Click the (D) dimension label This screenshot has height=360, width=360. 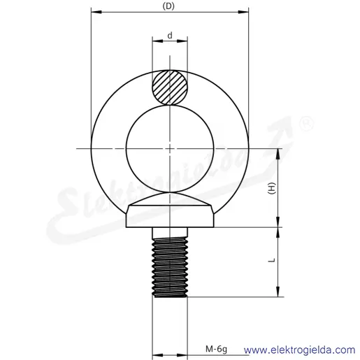(168, 6)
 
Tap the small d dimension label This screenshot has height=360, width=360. (170, 36)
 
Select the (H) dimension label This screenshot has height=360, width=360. (272, 188)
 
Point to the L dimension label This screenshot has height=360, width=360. (272, 260)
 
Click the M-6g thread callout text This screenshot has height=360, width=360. (216, 349)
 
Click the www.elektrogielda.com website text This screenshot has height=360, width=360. (299, 350)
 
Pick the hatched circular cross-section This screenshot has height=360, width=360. (170, 87)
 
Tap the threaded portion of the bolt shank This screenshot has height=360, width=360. (170, 268)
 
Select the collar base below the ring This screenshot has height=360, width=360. (170, 216)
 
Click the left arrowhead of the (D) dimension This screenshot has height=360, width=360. (96, 12)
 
